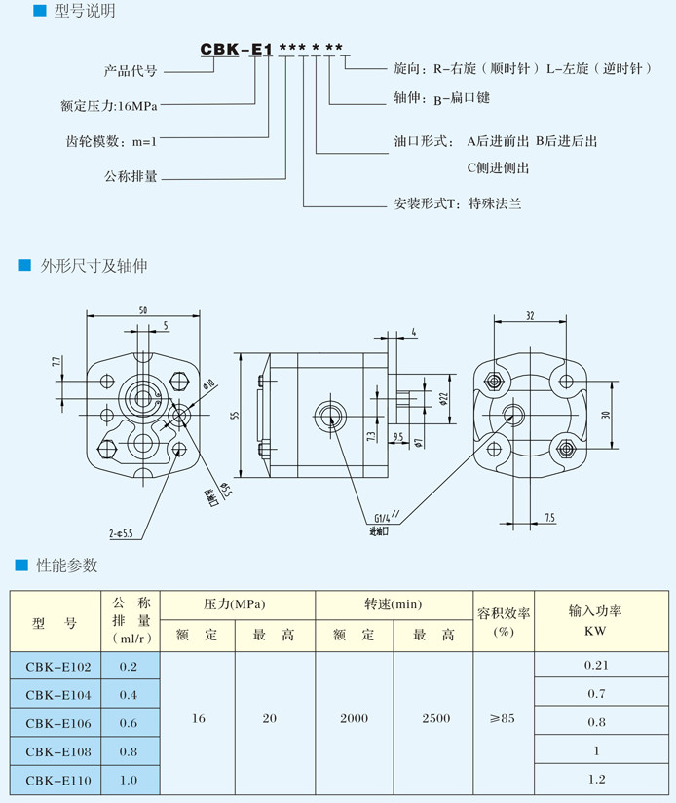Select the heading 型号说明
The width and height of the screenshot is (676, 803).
(74, 12)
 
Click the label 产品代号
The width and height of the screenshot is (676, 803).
(131, 71)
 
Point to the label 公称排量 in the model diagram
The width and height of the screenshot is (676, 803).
(131, 177)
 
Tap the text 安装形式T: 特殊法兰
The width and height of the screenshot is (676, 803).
(458, 205)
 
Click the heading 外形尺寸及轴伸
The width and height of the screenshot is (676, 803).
(94, 265)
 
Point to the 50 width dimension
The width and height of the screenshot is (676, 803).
(143, 310)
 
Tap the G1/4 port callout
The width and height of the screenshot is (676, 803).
(382, 517)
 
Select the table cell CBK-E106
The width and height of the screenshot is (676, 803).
(58, 722)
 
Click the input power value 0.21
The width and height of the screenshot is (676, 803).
(595, 665)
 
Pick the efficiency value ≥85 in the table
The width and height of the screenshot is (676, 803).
(503, 718)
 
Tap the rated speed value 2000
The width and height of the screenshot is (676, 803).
(354, 718)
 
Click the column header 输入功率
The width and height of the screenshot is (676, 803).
(595, 611)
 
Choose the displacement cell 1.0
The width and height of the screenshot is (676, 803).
(128, 780)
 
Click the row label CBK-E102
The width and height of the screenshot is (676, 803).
(58, 667)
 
